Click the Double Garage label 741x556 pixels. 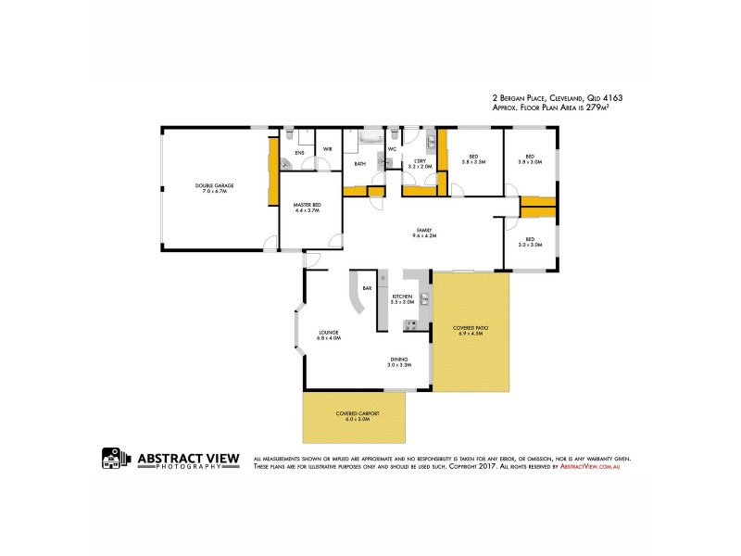pyautogui.click(x=214, y=188)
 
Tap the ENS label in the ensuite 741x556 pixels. pyautogui.click(x=299, y=152)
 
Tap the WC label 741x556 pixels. pyautogui.click(x=392, y=148)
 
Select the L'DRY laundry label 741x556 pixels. pyautogui.click(x=420, y=164)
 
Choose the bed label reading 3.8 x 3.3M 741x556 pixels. pyautogui.click(x=473, y=158)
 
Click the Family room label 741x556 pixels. pyautogui.click(x=423, y=233)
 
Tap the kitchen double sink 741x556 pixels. pyautogui.click(x=424, y=298)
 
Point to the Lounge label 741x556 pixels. pyautogui.click(x=329, y=335)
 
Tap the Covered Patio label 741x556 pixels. pyautogui.click(x=471, y=331)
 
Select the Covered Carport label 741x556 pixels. pyautogui.click(x=352, y=416)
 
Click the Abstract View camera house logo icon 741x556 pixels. pyautogui.click(x=114, y=460)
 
